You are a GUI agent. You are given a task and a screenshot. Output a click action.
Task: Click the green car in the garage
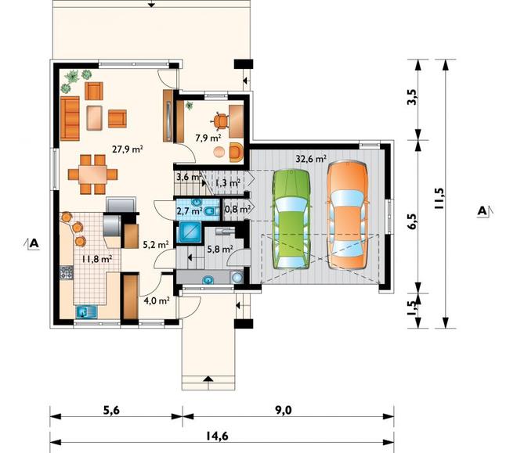[291, 219]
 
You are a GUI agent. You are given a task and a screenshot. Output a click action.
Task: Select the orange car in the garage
[347, 215]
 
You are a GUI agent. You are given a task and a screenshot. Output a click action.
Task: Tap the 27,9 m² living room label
[127, 149]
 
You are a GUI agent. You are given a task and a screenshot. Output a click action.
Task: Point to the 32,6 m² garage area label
[311, 159]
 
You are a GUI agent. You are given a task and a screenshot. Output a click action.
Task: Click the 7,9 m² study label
[208, 138]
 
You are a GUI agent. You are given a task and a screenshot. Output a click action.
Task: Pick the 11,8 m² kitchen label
[97, 258]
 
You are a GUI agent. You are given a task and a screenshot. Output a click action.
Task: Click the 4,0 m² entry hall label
[157, 300]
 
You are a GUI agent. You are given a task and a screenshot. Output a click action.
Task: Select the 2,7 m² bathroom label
[190, 210]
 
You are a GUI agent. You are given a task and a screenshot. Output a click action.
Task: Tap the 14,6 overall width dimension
[217, 437]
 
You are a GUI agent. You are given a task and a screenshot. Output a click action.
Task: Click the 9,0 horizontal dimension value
[284, 410]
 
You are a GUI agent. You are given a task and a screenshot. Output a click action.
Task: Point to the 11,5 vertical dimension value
[439, 199]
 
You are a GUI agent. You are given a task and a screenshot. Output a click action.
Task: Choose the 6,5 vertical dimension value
[412, 221]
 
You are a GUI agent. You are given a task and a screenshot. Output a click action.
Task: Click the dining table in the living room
[92, 174]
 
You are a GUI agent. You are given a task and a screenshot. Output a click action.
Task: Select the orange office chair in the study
[220, 120]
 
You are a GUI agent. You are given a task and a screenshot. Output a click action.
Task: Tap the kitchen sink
[86, 311]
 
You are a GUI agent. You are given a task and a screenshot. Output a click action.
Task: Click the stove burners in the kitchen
[66, 273]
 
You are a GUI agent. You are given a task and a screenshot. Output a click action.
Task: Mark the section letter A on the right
[482, 211]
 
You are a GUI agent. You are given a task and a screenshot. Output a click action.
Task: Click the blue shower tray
[190, 232]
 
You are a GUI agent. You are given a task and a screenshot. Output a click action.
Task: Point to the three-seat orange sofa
[70, 118]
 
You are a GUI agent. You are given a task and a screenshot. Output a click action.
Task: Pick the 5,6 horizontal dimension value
[111, 410]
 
